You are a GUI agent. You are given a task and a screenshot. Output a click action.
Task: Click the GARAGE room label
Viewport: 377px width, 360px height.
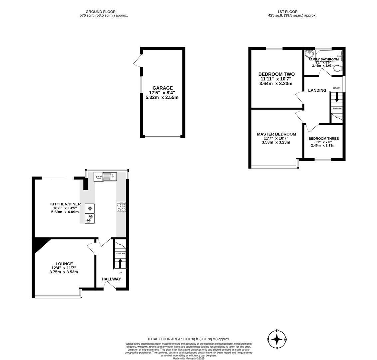pos(163,88)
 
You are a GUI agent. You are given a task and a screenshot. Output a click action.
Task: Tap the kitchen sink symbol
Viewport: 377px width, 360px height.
pos(110,176)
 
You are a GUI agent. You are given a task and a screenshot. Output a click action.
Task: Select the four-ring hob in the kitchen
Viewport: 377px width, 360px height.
pos(121,207)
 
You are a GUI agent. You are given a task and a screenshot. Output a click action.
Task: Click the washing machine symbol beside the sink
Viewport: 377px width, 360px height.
pos(98,177)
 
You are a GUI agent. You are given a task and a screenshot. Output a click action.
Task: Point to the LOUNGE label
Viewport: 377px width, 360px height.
pos(64,264)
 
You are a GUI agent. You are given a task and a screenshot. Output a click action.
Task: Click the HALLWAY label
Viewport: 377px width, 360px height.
pos(111,279)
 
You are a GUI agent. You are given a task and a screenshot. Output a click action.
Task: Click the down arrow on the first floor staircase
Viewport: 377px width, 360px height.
pos(336,97)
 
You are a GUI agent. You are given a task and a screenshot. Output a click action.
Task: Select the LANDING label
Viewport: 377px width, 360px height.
pos(317,90)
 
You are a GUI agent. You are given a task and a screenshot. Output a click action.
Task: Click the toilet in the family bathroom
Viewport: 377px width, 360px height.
pos(338,69)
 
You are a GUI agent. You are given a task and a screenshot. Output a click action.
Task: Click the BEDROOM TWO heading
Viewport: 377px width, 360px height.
pos(276,74)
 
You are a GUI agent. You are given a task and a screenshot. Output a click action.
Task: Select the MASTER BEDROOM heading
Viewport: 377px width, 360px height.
pos(276,134)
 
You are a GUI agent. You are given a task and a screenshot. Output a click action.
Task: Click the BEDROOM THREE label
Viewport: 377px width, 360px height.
pos(323,139)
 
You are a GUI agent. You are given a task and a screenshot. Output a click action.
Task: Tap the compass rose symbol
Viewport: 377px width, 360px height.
pos(277,339)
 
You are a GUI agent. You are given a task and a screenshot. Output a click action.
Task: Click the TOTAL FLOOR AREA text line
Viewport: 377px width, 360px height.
pos(188,339)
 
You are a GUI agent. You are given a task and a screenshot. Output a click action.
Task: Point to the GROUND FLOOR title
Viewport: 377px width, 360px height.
pos(101,12)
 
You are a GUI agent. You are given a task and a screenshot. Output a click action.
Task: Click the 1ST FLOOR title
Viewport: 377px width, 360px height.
pos(287,12)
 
